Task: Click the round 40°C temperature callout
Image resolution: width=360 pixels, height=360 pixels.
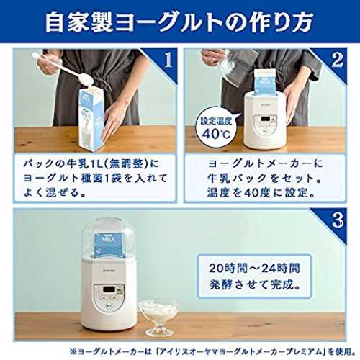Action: (217, 128)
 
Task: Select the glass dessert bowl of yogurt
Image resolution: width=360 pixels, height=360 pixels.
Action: (159, 317)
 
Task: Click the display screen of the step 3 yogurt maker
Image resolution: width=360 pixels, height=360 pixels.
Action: (109, 289)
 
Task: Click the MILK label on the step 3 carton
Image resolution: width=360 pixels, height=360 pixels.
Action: (109, 239)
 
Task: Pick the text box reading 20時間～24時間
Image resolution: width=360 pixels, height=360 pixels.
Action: (254, 276)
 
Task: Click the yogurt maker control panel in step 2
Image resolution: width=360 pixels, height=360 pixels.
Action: (265, 124)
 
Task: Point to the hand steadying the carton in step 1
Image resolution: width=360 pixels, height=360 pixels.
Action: (113, 120)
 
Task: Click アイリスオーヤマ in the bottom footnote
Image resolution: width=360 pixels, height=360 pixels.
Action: (196, 352)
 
